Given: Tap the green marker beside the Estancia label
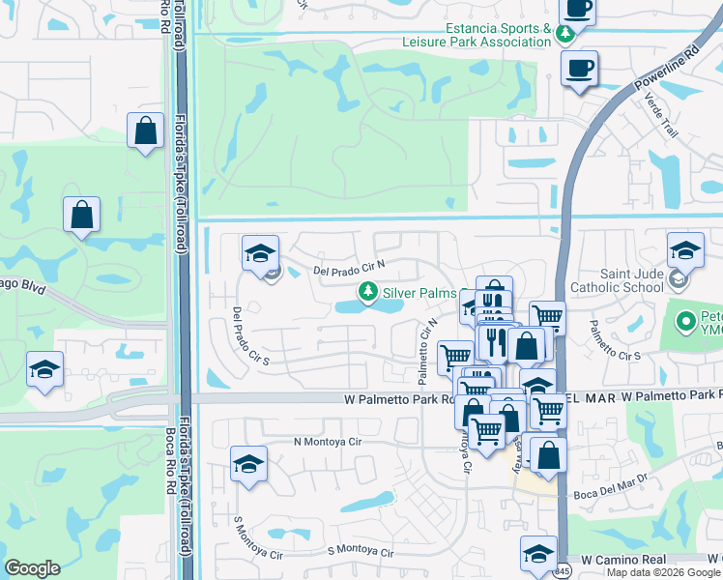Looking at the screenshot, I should pos(564,36).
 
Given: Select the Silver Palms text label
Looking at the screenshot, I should pos(419,293).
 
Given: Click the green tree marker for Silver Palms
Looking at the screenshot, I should pos(367,291).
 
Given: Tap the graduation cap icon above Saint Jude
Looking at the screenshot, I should pos(685,251).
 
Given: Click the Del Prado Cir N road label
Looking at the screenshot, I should pos(349,267).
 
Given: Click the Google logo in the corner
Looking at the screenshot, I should pos(32,568).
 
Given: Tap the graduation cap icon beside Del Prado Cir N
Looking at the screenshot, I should pos(260,254).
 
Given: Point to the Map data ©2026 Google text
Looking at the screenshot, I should pos(663,572).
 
